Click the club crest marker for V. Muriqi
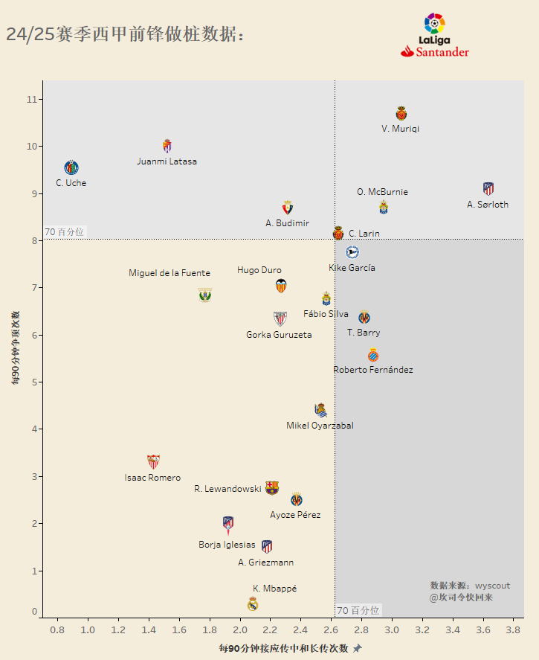coord(401,113)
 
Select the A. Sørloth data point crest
coord(488,188)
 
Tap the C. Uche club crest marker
coord(71,167)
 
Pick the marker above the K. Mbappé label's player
coord(253,603)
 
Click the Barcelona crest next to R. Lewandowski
coord(272,488)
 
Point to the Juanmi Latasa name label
coord(167,161)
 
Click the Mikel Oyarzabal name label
coord(320,426)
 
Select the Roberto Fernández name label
coord(373,370)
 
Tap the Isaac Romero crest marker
coord(153,461)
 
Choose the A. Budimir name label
coord(287,223)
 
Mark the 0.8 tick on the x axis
coord(57,630)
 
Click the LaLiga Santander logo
coord(435,36)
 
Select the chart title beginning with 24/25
coord(125,34)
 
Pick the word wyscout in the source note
coord(493,586)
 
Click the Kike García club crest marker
coord(352,252)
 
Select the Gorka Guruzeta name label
coord(279,335)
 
